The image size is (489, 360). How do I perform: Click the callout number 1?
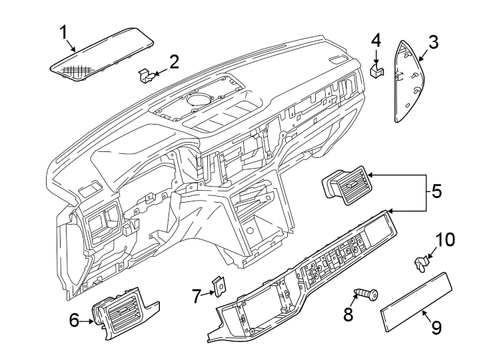click(63, 31)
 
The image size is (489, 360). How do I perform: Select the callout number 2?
click(174, 63)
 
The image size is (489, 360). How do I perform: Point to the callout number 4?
click(376, 39)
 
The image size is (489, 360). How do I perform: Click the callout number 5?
click(436, 192)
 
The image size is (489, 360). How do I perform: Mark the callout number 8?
click(348, 314)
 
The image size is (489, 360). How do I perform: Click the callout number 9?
click(436, 327)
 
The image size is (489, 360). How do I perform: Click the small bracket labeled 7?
click(217, 287)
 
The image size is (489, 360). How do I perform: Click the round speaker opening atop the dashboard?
click(198, 100)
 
